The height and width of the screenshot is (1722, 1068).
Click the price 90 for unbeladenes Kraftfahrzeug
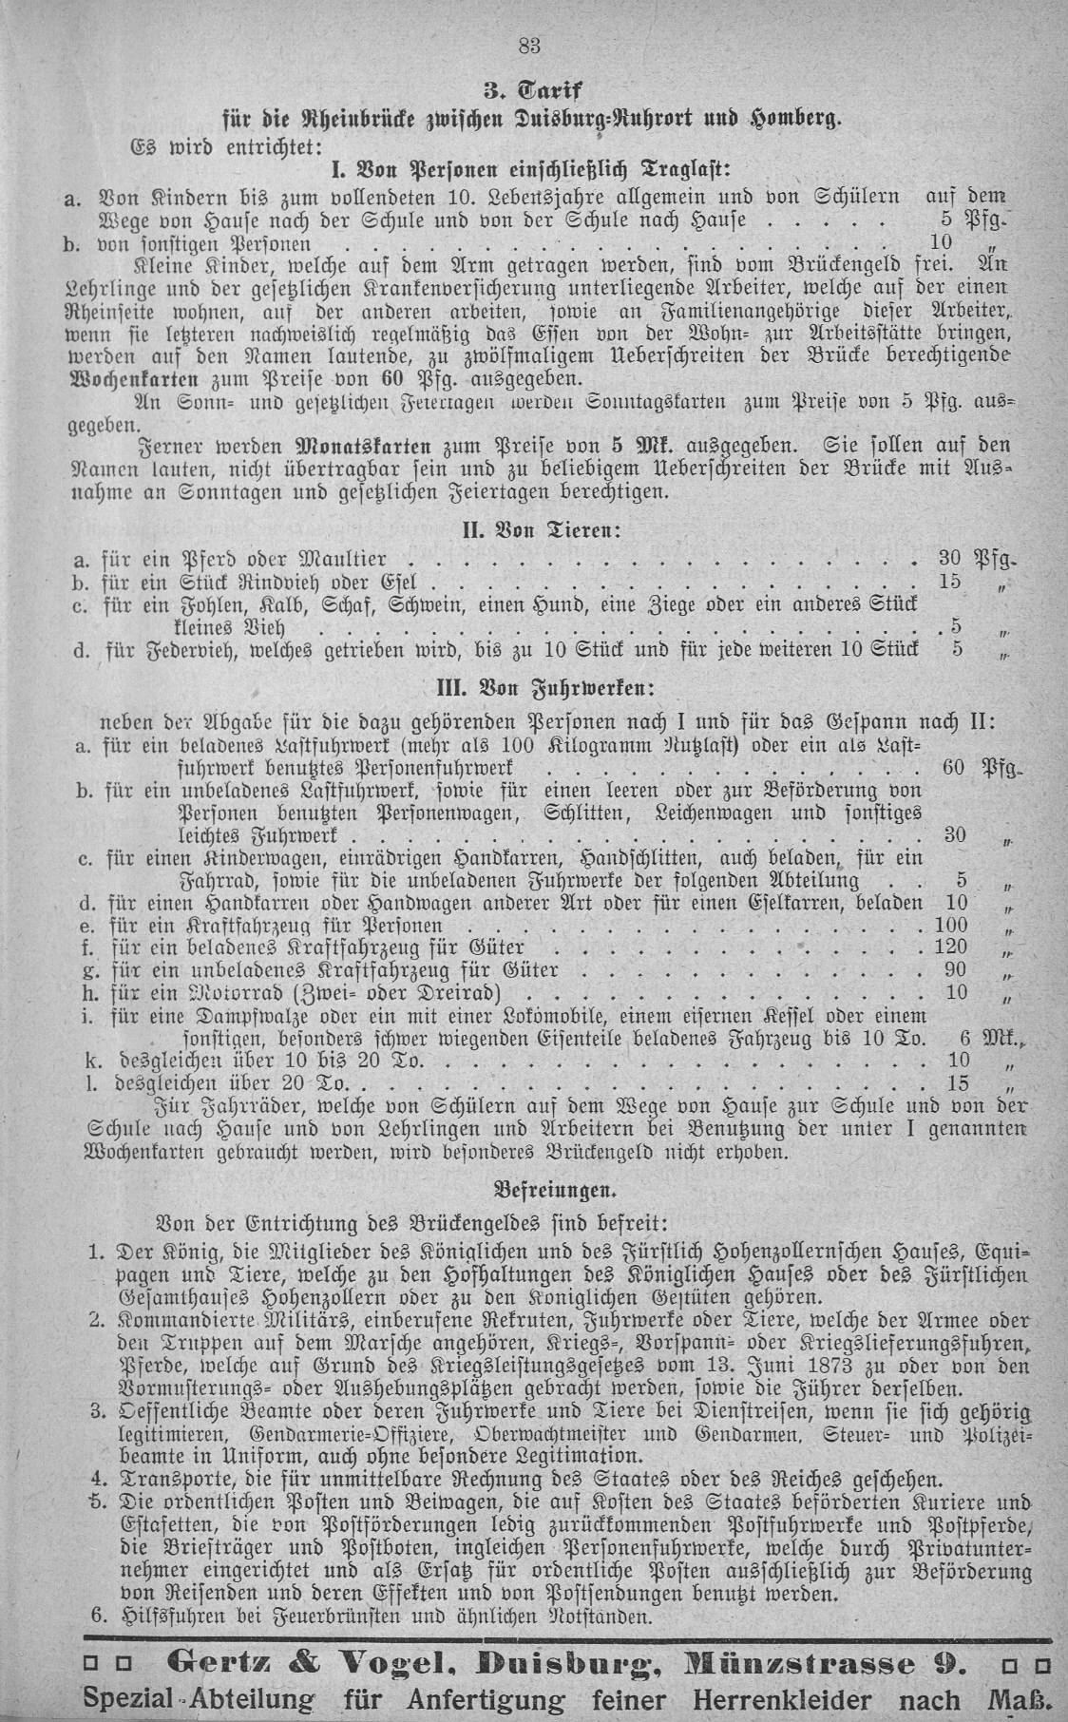click(955, 969)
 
